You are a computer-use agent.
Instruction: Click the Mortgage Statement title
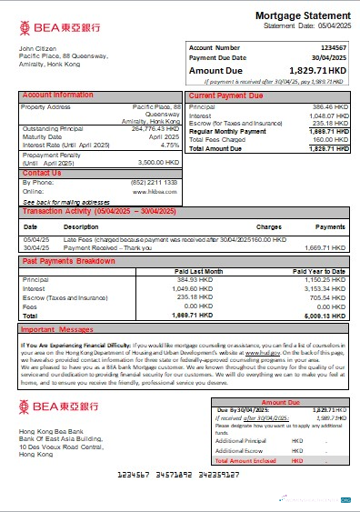click(302, 16)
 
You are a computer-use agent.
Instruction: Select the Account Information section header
click(57, 95)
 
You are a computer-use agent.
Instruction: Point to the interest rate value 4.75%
click(169, 145)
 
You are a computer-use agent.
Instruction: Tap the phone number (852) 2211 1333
click(156, 182)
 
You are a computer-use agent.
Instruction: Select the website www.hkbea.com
click(158, 191)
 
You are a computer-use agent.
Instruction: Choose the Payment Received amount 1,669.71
click(328, 246)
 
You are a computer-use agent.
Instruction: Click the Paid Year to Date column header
click(319, 271)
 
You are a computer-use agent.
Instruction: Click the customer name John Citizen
click(38, 47)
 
